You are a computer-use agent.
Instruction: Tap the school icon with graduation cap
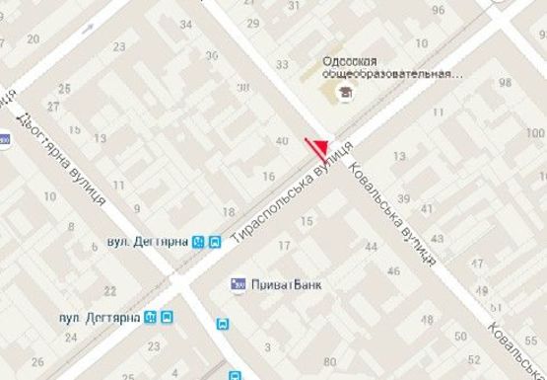pyautogui.click(x=345, y=93)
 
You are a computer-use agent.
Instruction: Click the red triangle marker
pyautogui.click(x=317, y=148)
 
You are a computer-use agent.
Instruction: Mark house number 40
pyautogui.click(x=283, y=141)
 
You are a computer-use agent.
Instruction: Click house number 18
pyautogui.click(x=229, y=211)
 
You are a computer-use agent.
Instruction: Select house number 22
pyautogui.click(x=110, y=290)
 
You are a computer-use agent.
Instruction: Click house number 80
pyautogui.click(x=328, y=360)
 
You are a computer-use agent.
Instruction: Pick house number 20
pyautogui.click(x=34, y=39)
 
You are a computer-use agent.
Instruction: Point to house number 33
pyautogui.click(x=282, y=65)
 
